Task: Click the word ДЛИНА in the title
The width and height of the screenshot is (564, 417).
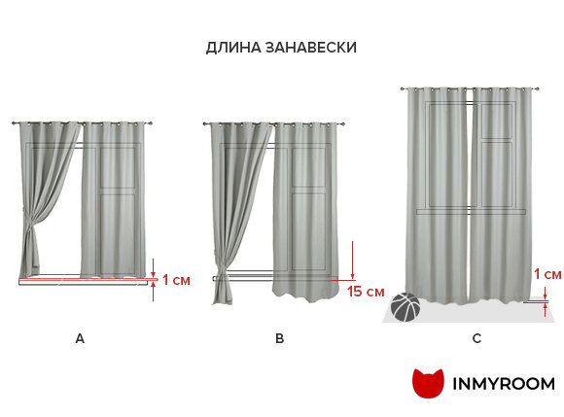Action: (233, 48)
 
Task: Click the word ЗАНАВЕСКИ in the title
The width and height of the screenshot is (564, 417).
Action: (311, 48)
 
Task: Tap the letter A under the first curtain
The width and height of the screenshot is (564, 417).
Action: (80, 338)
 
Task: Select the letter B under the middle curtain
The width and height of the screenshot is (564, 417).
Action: (279, 338)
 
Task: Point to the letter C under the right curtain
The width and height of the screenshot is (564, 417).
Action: (476, 338)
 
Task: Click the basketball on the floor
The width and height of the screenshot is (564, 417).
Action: (405, 307)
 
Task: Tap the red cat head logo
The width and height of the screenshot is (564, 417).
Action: (428, 383)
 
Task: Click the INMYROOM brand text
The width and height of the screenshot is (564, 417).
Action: (503, 384)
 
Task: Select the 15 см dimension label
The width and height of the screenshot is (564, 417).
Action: (366, 292)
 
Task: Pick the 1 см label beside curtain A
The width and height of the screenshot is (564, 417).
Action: (176, 280)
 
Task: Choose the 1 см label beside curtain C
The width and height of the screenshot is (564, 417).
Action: (547, 274)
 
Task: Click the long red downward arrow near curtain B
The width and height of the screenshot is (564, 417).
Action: (352, 261)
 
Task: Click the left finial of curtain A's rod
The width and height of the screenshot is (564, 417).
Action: (14, 123)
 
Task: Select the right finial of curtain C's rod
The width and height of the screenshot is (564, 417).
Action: (538, 88)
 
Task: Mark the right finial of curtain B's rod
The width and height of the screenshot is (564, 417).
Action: (343, 124)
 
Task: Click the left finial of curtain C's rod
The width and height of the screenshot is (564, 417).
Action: (403, 88)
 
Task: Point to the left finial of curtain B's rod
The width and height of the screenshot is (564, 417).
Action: (205, 123)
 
